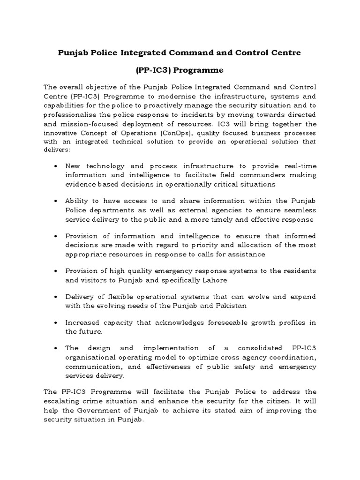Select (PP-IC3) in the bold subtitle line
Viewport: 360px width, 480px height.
pyautogui.click(x=152, y=70)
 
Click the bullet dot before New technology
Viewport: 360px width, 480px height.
pyautogui.click(x=56, y=166)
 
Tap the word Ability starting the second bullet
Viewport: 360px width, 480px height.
pyautogui.click(x=77, y=201)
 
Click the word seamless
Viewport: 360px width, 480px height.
pyautogui.click(x=299, y=210)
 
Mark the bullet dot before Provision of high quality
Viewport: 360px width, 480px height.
pyautogui.click(x=56, y=271)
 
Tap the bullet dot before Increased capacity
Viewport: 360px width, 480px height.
pyautogui.click(x=56, y=323)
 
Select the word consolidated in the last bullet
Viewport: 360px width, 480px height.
pyautogui.click(x=250, y=349)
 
